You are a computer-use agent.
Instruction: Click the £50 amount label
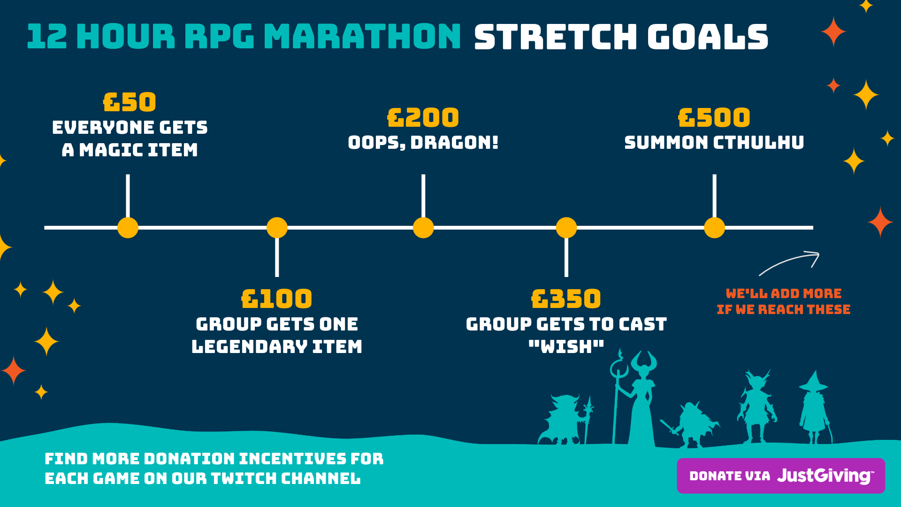130,102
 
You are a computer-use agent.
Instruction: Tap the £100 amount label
276,299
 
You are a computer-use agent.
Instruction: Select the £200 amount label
423,117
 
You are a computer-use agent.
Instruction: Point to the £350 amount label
566,299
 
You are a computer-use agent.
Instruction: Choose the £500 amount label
714,117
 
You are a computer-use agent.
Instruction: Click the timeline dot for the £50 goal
128,228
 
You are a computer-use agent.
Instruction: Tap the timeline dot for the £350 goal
566,228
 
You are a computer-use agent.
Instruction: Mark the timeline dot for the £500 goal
714,228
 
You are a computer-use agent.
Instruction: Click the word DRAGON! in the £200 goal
454,142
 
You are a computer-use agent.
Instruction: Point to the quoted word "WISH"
566,346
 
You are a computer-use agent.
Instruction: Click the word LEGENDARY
249,346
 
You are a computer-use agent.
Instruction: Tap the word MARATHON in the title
362,37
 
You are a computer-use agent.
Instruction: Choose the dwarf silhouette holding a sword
690,424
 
